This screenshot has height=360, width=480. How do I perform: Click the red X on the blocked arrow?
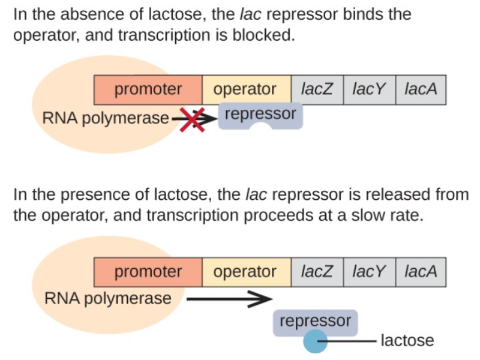193,118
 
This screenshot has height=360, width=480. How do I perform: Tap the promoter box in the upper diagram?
148,90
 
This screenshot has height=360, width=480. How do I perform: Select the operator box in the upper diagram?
245,90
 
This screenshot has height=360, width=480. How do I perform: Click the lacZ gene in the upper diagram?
317,90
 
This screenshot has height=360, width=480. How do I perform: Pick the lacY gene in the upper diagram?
369,90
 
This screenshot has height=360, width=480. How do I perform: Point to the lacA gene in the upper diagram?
421,90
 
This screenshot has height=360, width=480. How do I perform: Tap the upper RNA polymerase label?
106,118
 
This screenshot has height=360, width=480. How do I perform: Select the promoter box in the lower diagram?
148,272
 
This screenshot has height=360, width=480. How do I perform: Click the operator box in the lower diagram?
245,272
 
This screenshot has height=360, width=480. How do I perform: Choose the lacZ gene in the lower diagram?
317,272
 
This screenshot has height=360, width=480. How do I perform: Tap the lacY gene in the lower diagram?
369,272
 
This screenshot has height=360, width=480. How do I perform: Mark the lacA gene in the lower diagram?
421,272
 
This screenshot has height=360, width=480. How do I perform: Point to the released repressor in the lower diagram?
316,322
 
